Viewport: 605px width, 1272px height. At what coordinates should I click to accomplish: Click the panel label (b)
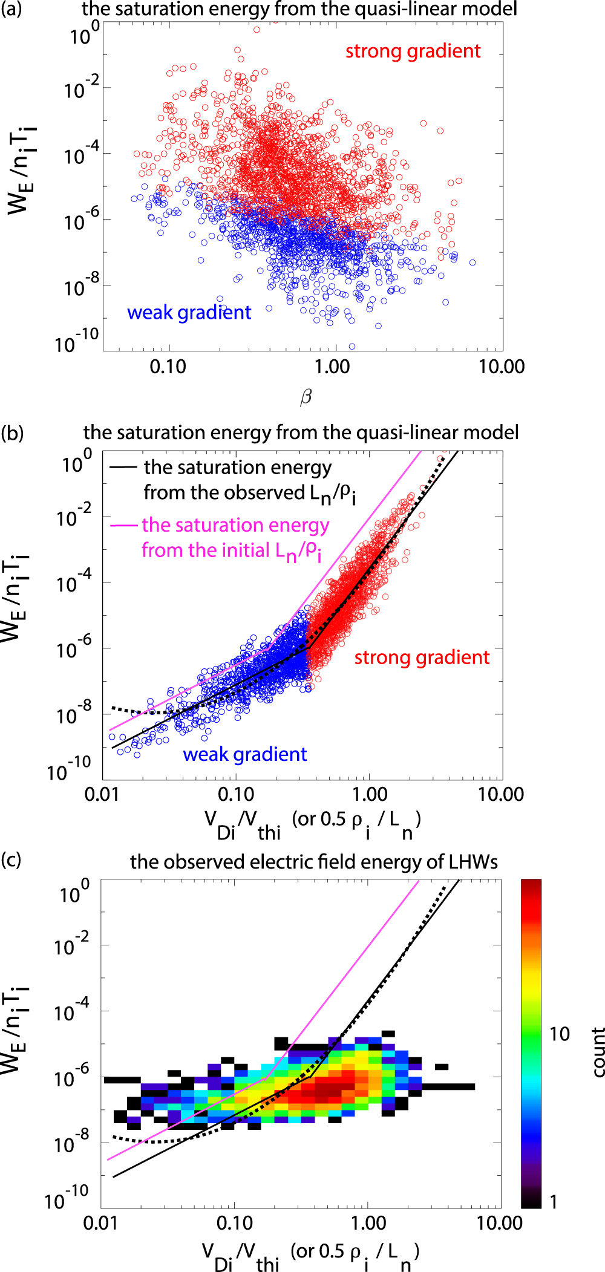13,432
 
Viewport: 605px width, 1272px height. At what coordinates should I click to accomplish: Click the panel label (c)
11,859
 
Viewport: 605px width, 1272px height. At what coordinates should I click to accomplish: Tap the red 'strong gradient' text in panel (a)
413,51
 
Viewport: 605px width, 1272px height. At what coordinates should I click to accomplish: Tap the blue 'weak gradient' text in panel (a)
189,312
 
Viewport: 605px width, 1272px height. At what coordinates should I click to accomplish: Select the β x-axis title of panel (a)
306,397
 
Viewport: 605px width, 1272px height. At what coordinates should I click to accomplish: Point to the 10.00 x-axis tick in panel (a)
502,367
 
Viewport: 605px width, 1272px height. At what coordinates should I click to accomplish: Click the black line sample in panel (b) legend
123,467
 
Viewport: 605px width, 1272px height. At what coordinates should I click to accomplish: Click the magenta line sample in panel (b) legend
124,525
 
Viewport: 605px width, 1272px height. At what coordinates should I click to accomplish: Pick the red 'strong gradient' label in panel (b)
422,657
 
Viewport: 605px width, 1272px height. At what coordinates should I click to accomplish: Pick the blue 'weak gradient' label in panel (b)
245,754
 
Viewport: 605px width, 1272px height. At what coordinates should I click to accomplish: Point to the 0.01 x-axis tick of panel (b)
102,794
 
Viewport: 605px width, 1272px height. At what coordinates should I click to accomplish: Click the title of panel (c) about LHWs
314,861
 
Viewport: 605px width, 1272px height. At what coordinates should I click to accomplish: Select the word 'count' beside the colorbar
598,1052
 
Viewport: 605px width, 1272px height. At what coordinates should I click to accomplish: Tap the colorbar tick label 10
559,1034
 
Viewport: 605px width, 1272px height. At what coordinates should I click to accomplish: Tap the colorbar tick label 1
553,1201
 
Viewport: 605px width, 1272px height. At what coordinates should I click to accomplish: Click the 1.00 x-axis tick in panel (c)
368,1222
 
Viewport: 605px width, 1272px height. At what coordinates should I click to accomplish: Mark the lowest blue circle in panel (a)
352,347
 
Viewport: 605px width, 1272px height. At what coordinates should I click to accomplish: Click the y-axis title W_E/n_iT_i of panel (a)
21,169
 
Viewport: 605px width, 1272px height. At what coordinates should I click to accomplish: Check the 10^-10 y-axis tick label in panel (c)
67,1198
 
